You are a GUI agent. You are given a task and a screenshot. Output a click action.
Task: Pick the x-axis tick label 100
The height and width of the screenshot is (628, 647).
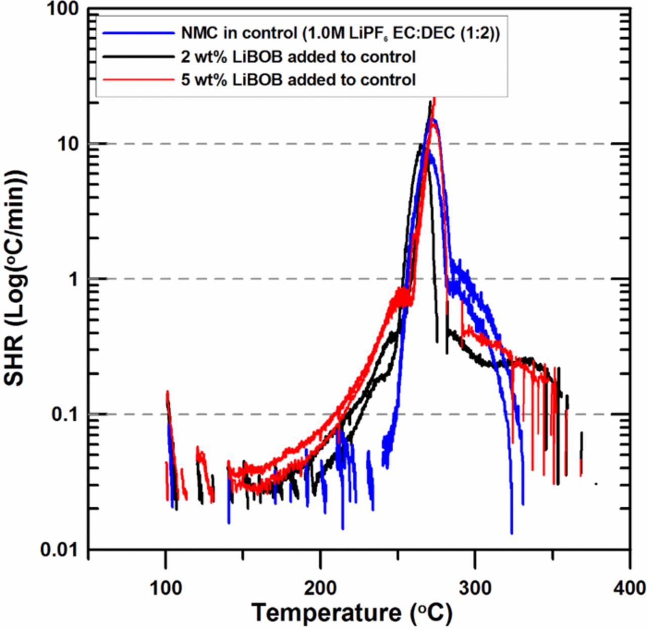tap(166, 588)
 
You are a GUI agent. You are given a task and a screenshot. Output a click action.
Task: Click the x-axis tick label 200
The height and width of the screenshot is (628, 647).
tap(320, 588)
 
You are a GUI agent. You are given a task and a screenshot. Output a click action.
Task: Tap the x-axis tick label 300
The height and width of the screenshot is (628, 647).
tap(475, 588)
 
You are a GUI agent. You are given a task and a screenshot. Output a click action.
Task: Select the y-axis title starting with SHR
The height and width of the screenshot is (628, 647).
tap(15, 278)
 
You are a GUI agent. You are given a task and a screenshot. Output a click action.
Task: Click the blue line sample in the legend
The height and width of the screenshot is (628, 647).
tap(138, 34)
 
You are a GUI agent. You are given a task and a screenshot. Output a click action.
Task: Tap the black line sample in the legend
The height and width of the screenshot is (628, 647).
tap(138, 57)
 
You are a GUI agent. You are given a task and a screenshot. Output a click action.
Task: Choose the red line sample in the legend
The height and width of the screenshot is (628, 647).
tap(138, 79)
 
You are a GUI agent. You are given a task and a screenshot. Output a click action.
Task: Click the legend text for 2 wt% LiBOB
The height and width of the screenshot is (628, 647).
tap(298, 57)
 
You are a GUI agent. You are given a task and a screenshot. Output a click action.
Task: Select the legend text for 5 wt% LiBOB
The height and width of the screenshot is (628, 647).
tap(298, 79)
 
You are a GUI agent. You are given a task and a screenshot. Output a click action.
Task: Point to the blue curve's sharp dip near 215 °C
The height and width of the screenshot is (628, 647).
tap(343, 527)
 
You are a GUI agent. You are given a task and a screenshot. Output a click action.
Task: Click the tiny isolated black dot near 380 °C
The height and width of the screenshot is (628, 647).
tap(596, 484)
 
